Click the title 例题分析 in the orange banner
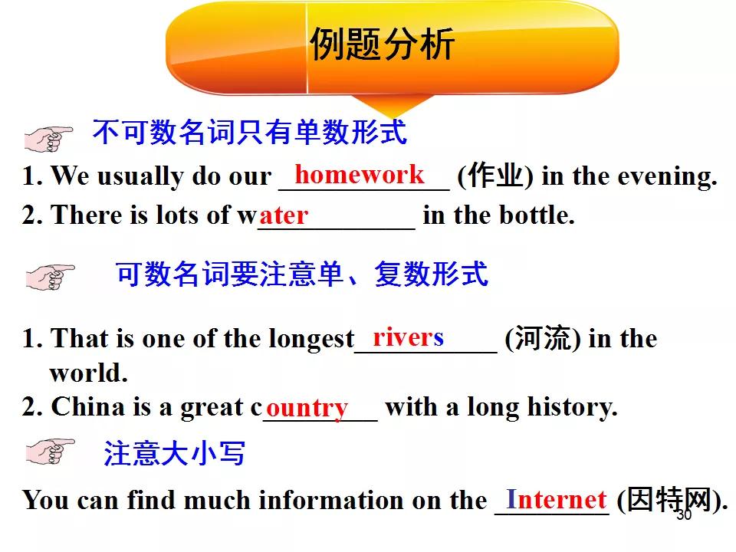pos(382,44)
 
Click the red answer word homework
pos(360,174)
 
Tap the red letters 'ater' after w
pos(284,216)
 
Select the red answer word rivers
pos(408,337)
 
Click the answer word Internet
pos(557,499)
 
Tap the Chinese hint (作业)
pos(495,176)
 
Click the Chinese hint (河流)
pos(543,338)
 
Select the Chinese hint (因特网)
pos(672,501)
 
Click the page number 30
pos(684,515)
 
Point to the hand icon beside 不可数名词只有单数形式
pos(48,139)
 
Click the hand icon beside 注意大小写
pos(51,452)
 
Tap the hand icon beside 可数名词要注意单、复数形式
pos(51,277)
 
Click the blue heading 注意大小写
pos(174,453)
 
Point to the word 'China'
pos(88,406)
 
